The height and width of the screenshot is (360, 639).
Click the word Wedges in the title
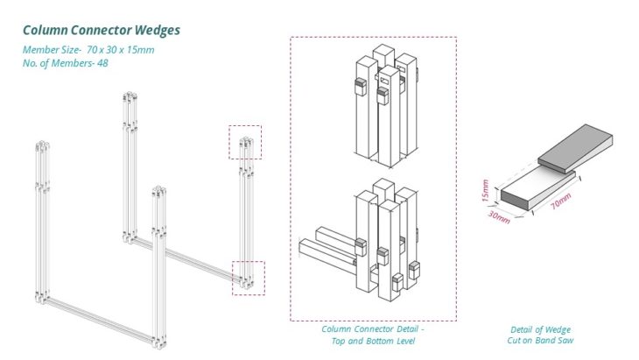click(156, 31)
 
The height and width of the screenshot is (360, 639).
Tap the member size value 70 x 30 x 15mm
click(121, 50)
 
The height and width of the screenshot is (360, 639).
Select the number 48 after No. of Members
click(102, 64)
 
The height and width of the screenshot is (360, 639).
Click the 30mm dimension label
click(501, 217)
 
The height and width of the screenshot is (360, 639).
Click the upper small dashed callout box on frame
click(245, 142)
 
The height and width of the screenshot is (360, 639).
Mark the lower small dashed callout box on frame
click(248, 278)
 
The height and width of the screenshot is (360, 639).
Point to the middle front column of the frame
click(159, 263)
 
